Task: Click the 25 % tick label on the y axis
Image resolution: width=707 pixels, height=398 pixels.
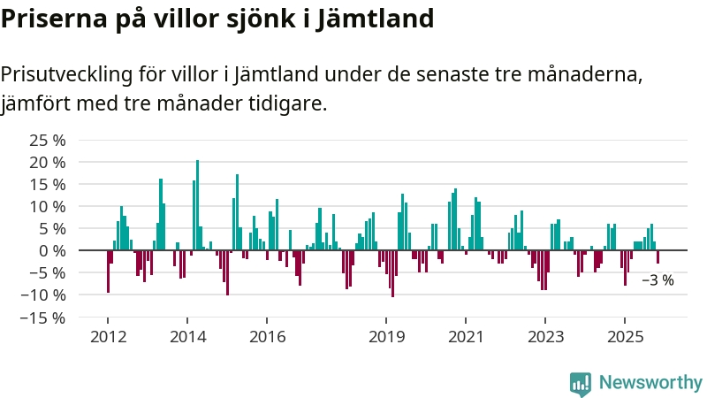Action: (48, 141)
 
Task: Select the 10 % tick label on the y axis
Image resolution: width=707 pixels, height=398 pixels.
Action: (48, 207)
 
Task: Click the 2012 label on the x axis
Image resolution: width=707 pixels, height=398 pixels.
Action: (108, 336)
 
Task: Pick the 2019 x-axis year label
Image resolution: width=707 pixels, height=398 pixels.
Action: (386, 336)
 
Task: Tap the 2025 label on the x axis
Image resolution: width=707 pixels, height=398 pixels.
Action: (625, 336)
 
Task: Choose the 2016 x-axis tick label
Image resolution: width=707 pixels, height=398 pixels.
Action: (267, 336)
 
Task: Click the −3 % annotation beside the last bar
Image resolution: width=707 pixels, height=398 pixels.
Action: (657, 280)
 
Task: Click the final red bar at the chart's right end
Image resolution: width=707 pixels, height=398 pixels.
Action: (658, 256)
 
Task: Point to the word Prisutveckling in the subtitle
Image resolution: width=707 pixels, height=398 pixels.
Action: (65, 74)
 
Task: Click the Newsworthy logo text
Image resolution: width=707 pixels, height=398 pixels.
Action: (650, 383)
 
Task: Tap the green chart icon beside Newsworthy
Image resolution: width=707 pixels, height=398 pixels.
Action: (581, 383)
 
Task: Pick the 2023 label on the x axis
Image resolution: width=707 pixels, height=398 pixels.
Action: (545, 336)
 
